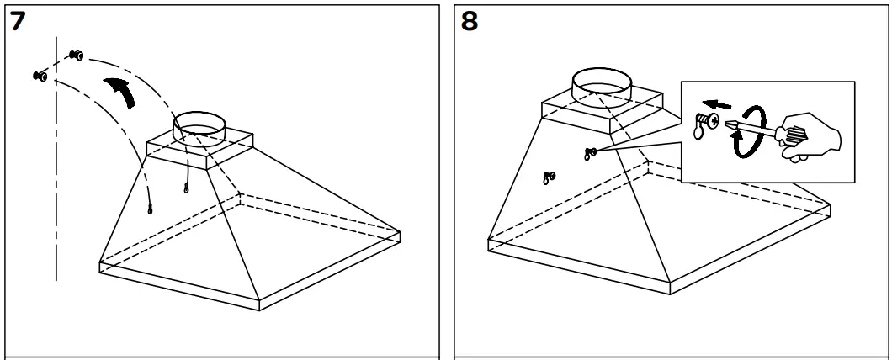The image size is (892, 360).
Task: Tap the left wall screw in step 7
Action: (x=39, y=77)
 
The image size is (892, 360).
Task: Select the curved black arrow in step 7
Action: (x=119, y=90)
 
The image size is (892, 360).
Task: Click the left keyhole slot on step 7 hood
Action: (x=150, y=210)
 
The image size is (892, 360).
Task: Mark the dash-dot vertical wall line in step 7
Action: (x=56, y=168)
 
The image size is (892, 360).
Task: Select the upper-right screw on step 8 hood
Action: (x=590, y=152)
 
